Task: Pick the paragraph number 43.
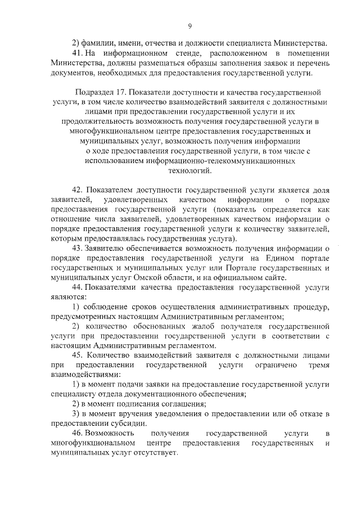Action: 79,247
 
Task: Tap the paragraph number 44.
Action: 79,286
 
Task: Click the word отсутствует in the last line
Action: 153,454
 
